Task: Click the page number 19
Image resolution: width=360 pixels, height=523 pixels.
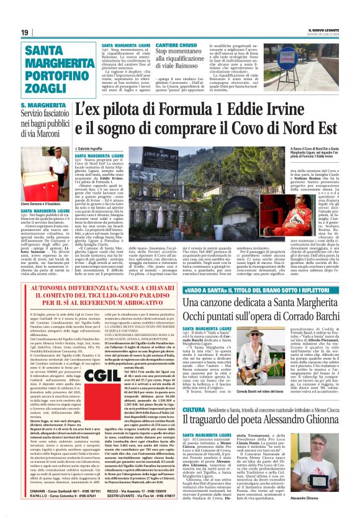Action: (24, 32)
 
